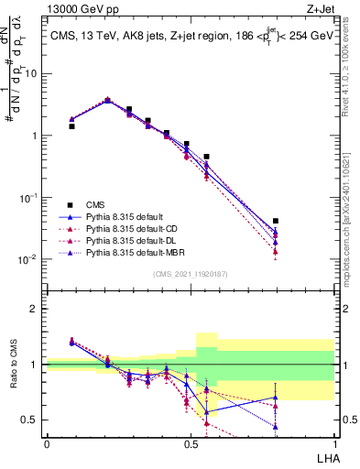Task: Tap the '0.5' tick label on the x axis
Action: pyautogui.click(x=190, y=443)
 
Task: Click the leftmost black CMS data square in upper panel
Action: pyautogui.click(x=71, y=126)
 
